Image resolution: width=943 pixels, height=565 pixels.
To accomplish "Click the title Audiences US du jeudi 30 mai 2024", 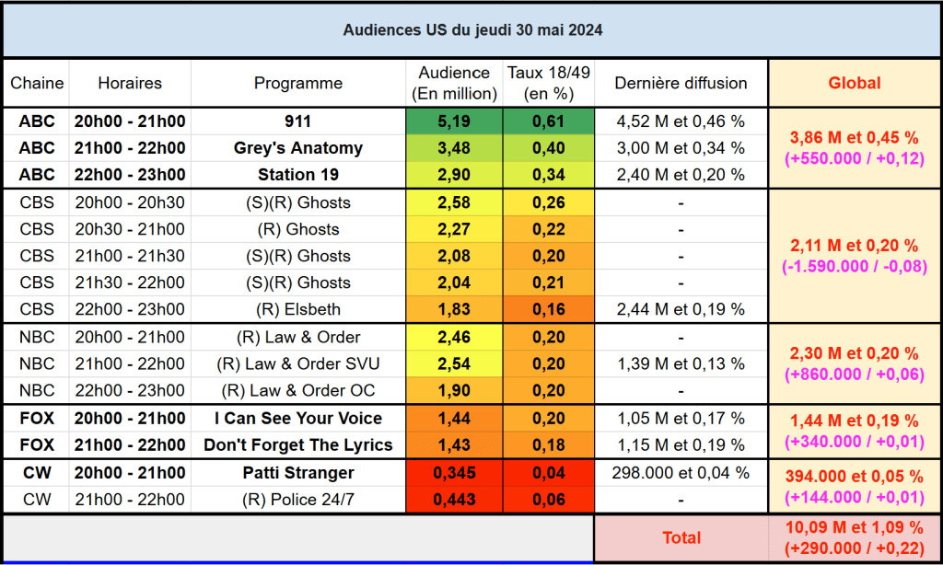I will pos(472,30).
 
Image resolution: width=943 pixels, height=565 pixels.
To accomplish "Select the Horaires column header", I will pos(130,83).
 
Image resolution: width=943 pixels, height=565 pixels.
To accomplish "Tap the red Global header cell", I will pos(854,83).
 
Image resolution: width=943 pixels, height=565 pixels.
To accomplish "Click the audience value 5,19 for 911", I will pos(453,121).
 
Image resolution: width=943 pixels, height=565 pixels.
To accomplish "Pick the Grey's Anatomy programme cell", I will pos(297,148).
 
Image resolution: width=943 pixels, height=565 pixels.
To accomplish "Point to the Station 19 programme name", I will pos(297,175).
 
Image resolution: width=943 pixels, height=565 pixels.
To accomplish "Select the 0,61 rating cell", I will pos(548,121).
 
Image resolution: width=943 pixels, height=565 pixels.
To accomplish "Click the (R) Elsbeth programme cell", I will pos(297,309).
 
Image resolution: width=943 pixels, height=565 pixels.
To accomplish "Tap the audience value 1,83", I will pos(453,309).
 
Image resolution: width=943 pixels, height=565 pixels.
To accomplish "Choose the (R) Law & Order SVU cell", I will pos(297,363).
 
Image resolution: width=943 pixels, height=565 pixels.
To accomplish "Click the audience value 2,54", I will pos(453,363).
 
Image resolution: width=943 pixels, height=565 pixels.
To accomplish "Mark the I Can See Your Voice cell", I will pos(297,418).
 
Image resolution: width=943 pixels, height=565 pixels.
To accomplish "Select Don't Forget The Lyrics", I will pos(297,444).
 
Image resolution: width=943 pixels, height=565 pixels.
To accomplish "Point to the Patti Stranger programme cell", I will pos(297,473).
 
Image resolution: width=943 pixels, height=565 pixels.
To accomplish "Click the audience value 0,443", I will pos(453,500).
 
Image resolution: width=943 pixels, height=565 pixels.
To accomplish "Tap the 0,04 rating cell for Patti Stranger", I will pos(548,473).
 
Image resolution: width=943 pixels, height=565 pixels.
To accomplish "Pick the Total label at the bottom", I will pos(681,537).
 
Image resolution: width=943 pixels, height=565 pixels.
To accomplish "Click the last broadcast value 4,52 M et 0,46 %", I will pos(681,121).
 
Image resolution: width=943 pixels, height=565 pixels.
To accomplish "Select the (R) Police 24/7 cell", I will pos(297,500).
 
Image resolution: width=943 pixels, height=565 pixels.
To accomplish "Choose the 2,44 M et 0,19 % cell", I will pos(681,309).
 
